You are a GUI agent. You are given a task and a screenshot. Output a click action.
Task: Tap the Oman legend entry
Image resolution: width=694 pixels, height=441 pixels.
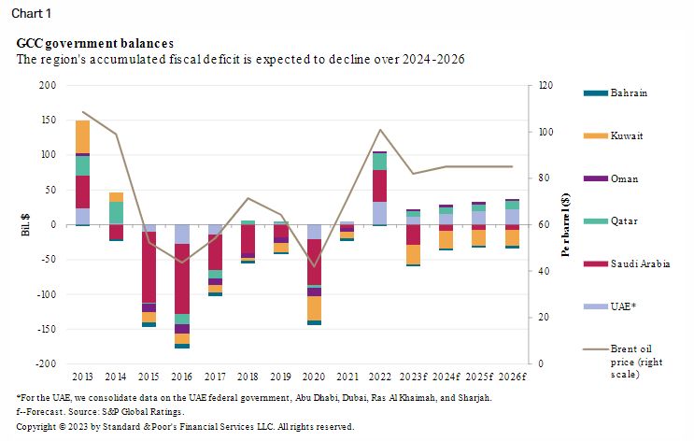(624, 178)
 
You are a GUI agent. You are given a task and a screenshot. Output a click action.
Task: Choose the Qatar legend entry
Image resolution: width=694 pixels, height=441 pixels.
(625, 220)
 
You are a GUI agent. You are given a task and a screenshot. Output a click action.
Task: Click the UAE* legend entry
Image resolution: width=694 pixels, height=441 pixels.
(623, 306)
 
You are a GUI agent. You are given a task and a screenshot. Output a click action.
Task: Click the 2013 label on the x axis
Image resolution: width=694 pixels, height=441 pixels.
(82, 377)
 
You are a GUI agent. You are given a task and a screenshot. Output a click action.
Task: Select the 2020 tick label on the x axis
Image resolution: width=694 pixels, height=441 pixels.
(314, 377)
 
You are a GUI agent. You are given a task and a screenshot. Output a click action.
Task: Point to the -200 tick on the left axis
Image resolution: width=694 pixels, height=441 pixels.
(46, 363)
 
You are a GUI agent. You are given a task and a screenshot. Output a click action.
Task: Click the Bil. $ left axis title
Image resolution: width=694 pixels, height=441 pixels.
(25, 224)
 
